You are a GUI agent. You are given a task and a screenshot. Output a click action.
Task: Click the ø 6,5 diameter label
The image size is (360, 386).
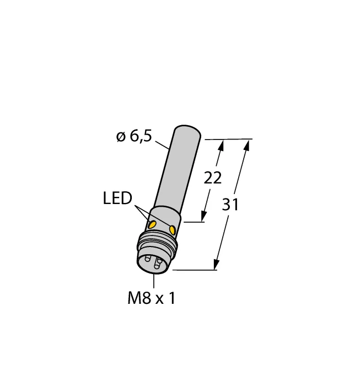(134, 136)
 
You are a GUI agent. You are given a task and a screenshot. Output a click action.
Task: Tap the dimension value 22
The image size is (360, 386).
(213, 178)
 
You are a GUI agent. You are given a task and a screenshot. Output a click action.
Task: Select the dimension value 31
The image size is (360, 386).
(230, 205)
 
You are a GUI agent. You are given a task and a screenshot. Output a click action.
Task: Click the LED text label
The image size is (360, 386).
(117, 199)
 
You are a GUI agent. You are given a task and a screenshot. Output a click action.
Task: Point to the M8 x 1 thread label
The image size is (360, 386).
(152, 298)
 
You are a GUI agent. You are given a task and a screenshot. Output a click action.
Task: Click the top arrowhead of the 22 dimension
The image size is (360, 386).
(221, 146)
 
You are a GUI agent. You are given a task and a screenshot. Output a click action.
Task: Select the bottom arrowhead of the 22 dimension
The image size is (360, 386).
(203, 216)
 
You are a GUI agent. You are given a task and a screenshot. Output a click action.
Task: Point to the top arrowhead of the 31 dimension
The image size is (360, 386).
(247, 146)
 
